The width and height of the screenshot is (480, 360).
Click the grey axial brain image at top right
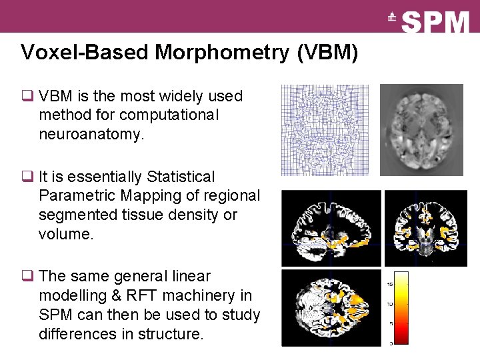tap(421, 130)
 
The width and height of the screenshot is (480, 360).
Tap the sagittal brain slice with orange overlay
tap(331, 228)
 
